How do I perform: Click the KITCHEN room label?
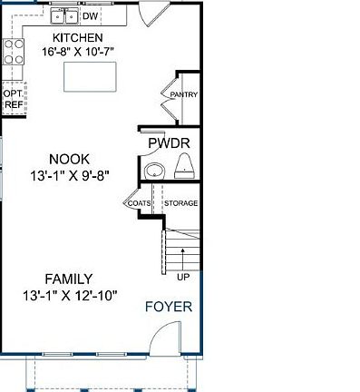77,37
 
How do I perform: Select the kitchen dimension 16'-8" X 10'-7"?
77,52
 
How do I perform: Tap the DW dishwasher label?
90,16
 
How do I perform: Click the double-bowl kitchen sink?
64,16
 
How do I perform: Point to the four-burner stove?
13,53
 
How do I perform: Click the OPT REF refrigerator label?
12,99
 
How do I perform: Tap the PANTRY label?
184,94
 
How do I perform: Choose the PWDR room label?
168,143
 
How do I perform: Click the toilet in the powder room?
185,165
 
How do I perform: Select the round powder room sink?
154,170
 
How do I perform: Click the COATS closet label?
139,203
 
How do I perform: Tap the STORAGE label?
181,203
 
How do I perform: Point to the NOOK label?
69,158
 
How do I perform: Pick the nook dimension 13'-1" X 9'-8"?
69,175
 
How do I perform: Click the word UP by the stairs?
183,277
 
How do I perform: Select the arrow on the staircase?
183,254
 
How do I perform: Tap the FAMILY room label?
70,279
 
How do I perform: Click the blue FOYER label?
169,307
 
